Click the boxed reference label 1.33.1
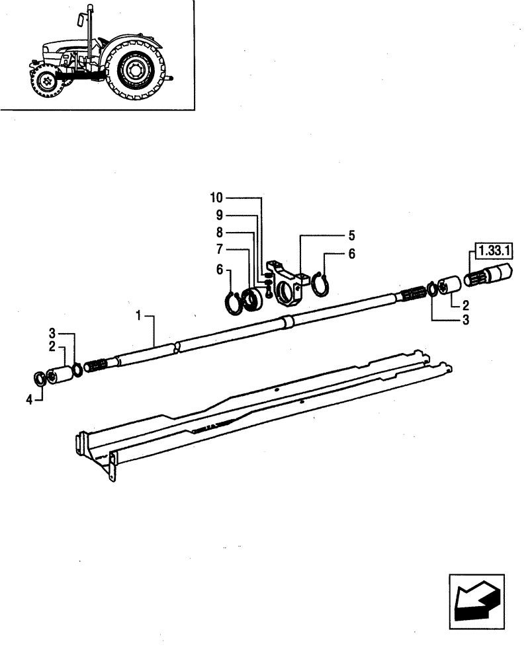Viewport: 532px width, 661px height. coord(491,251)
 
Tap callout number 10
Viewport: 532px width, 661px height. coord(218,198)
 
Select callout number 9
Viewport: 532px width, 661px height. coord(220,215)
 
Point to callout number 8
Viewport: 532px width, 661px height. coord(220,233)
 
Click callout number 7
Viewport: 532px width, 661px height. coord(220,250)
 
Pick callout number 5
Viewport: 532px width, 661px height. coord(352,235)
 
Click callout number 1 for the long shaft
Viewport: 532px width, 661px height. coord(140,317)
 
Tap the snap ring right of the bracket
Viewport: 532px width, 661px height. coord(322,285)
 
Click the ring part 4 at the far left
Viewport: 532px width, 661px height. coord(42,379)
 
